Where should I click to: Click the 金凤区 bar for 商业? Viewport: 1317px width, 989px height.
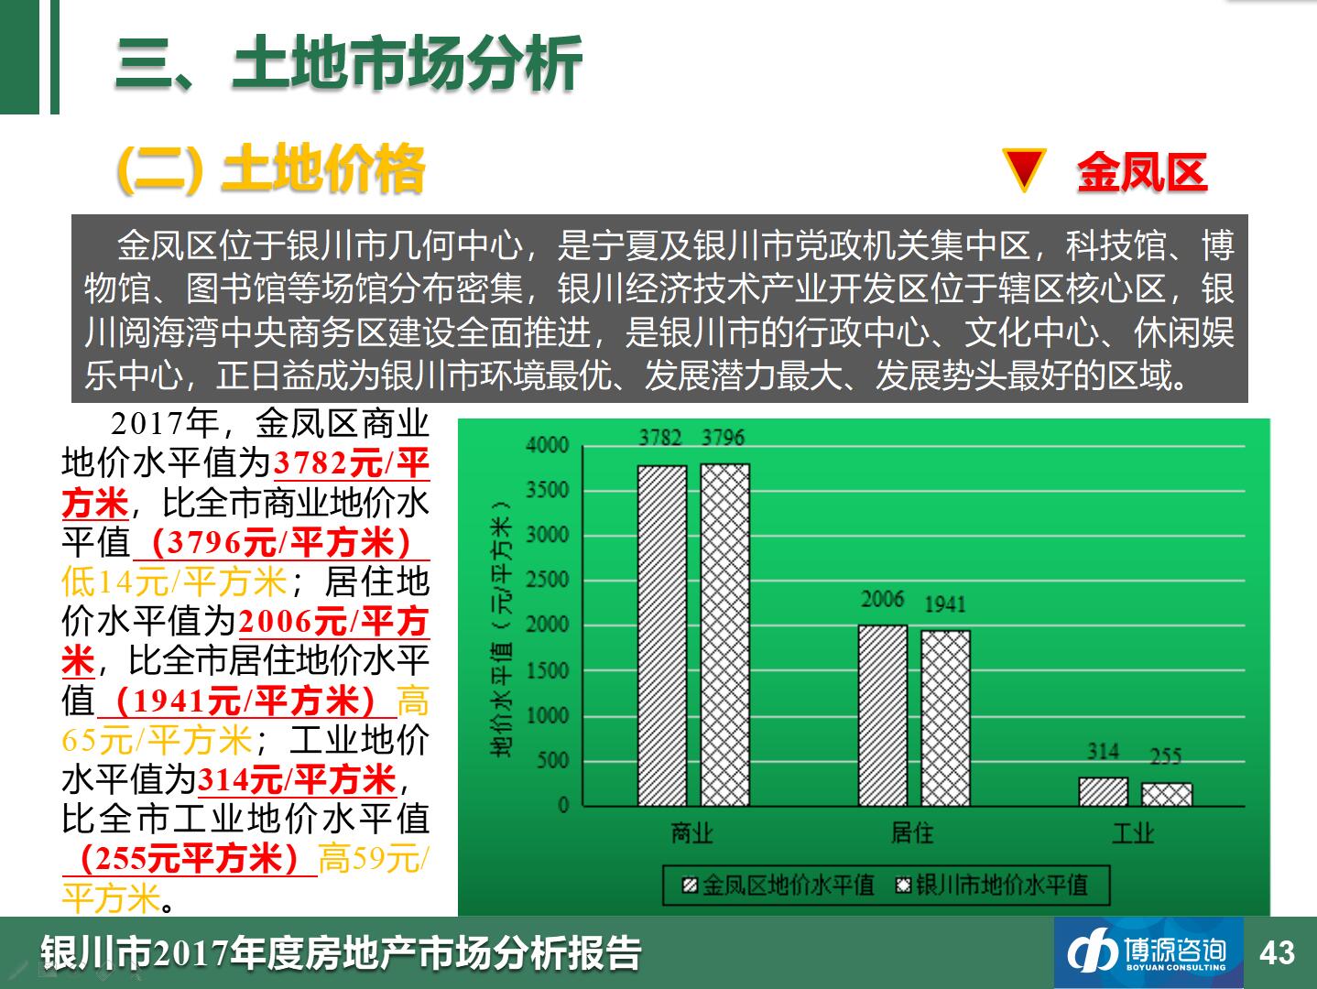point(662,636)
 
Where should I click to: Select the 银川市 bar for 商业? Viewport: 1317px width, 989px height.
point(724,636)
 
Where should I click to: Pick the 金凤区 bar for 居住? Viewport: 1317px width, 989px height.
point(883,715)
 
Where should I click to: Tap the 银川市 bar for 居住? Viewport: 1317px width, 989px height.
point(945,719)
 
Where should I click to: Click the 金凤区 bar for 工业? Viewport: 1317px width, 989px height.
point(1104,792)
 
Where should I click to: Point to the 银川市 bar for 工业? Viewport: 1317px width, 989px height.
point(1167,795)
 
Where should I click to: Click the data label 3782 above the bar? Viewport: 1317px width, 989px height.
point(660,438)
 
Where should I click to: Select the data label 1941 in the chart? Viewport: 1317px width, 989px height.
point(945,604)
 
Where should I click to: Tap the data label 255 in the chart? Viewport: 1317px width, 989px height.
point(1165,756)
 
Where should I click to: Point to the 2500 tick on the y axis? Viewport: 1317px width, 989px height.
point(547,580)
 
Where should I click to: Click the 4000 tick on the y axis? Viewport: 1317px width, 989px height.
point(547,445)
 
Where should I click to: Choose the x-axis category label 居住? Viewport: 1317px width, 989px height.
point(912,833)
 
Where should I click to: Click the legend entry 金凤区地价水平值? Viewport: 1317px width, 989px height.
point(778,886)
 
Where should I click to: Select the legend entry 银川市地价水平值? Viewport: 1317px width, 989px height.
point(991,886)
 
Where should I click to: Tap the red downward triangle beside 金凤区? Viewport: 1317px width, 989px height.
point(1024,169)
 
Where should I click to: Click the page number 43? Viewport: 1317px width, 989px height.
point(1278,953)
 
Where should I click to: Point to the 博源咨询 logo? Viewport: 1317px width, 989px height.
point(1148,953)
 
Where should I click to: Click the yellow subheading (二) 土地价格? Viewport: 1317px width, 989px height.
point(271,169)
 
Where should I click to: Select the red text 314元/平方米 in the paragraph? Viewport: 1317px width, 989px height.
point(297,779)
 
